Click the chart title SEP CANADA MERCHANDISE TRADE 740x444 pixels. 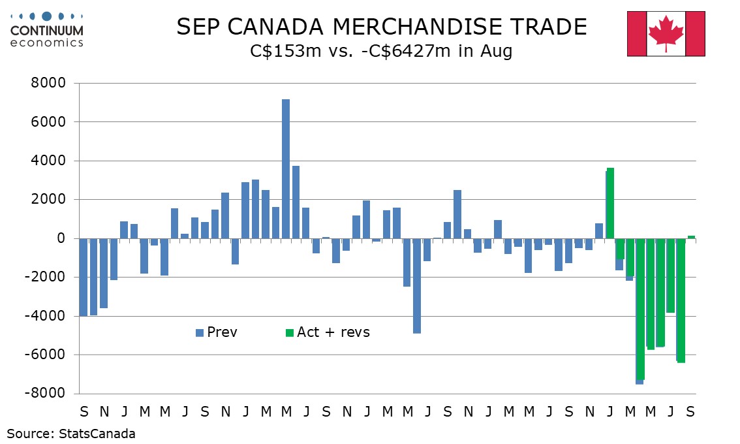point(382,27)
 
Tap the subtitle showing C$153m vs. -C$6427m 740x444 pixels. point(382,52)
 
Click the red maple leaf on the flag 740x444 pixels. point(666,33)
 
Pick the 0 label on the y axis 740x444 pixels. point(63,238)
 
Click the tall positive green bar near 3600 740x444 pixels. point(611,203)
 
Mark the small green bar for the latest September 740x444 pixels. point(692,237)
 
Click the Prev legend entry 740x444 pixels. point(217,332)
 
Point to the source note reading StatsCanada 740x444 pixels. point(71,434)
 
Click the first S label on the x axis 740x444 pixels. point(84,412)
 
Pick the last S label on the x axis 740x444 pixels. point(690,412)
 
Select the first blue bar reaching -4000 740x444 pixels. point(84,277)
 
